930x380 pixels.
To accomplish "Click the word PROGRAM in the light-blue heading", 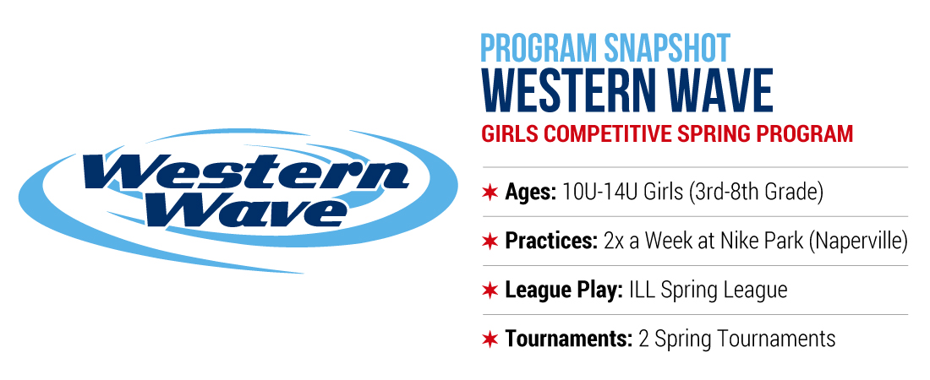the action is pos(539,49).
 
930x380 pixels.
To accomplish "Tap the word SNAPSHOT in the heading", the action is pos(667,49).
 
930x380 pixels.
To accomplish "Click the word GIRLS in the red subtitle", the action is pos(510,134).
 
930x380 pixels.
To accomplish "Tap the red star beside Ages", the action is pos(490,192).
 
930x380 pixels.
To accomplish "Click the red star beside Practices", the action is pos(490,242).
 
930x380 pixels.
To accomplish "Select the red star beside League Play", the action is pos(490,290).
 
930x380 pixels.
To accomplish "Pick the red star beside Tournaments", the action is pos(490,339).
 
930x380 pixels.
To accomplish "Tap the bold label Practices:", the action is pos(551,242).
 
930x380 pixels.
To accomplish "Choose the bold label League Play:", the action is pos(564,290).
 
